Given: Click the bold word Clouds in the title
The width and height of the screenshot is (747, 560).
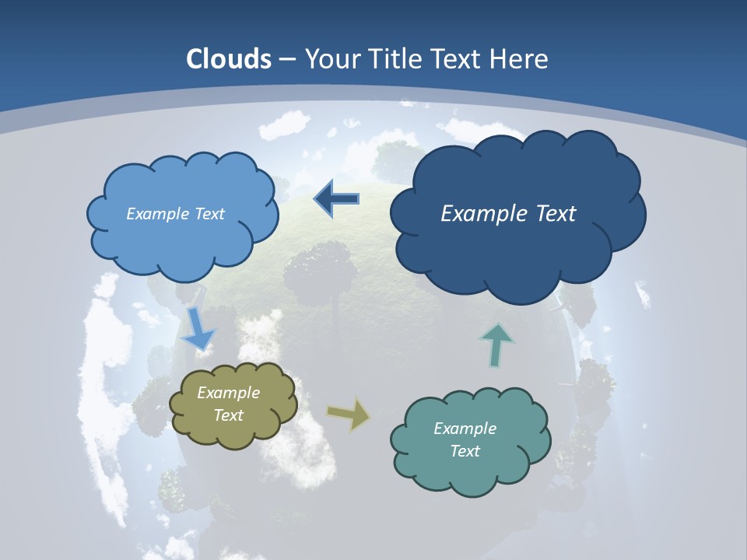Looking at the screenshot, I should pyautogui.click(x=229, y=59).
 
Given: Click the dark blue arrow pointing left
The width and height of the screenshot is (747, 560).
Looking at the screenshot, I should pyautogui.click(x=336, y=199).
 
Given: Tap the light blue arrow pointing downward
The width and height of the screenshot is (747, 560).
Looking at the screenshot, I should pyautogui.click(x=198, y=329).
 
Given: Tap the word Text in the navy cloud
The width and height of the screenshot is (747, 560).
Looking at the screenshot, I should pyautogui.click(x=556, y=214).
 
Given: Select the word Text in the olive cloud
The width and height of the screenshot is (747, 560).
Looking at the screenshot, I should pyautogui.click(x=229, y=415).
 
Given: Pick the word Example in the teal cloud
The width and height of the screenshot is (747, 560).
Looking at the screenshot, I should pyautogui.click(x=465, y=429).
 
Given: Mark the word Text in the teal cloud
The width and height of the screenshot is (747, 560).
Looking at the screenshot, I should pyautogui.click(x=465, y=451).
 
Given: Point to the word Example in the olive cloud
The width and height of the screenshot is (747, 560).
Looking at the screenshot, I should pyautogui.click(x=229, y=393).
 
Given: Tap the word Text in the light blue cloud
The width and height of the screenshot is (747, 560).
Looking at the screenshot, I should pyautogui.click(x=209, y=214).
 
